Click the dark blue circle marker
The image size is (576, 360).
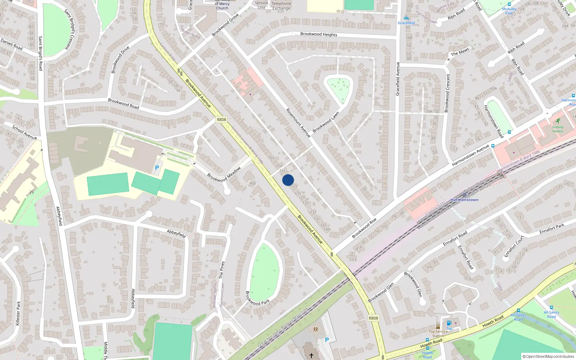(288, 180)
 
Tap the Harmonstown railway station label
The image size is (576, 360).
(464, 200)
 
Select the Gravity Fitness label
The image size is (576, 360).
(558, 129)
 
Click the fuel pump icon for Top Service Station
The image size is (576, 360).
(449, 323)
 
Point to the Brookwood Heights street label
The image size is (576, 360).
(319, 34)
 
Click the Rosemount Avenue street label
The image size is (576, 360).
(298, 123)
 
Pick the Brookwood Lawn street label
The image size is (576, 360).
(326, 122)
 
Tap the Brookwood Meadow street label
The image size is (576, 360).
(224, 174)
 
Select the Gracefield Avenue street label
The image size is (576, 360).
(398, 79)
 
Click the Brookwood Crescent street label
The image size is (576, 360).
(447, 93)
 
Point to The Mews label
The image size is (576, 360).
(460, 51)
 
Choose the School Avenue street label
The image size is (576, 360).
(24, 132)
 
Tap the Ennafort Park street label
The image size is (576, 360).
(552, 229)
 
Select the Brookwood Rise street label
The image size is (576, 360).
(364, 228)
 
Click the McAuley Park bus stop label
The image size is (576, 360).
(509, 11)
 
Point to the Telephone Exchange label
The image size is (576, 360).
(281, 6)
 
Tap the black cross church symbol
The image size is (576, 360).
(311, 355)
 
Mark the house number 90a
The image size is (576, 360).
(252, 184)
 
